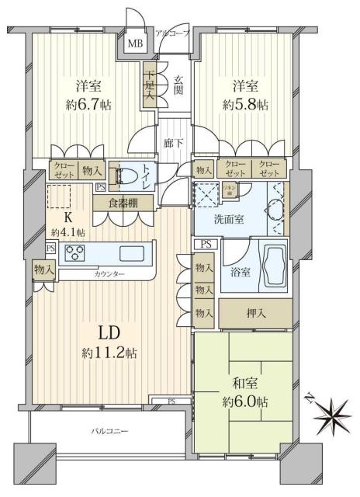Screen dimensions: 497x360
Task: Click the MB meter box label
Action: (x=134, y=43)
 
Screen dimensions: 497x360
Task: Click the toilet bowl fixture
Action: (x=129, y=178)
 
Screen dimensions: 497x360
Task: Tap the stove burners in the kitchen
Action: (x=75, y=252)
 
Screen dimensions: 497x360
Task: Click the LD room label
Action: (x=109, y=332)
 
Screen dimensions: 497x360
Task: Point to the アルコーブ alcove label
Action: (x=172, y=33)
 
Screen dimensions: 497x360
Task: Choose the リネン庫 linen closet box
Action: (x=230, y=191)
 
